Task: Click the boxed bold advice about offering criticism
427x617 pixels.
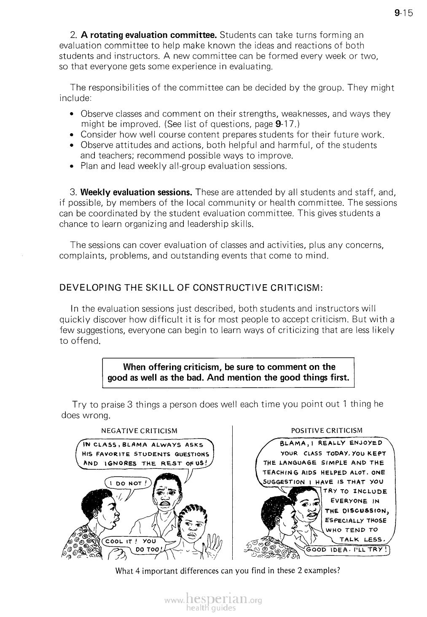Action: point(228,372)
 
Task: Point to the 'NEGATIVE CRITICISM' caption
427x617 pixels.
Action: point(140,431)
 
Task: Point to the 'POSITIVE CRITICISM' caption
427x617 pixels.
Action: point(327,430)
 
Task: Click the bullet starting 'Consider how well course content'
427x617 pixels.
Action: point(232,135)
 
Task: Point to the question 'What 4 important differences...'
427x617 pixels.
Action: point(228,571)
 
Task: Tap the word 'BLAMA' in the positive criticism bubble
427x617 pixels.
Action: point(292,443)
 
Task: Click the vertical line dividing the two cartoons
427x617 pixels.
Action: point(233,493)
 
